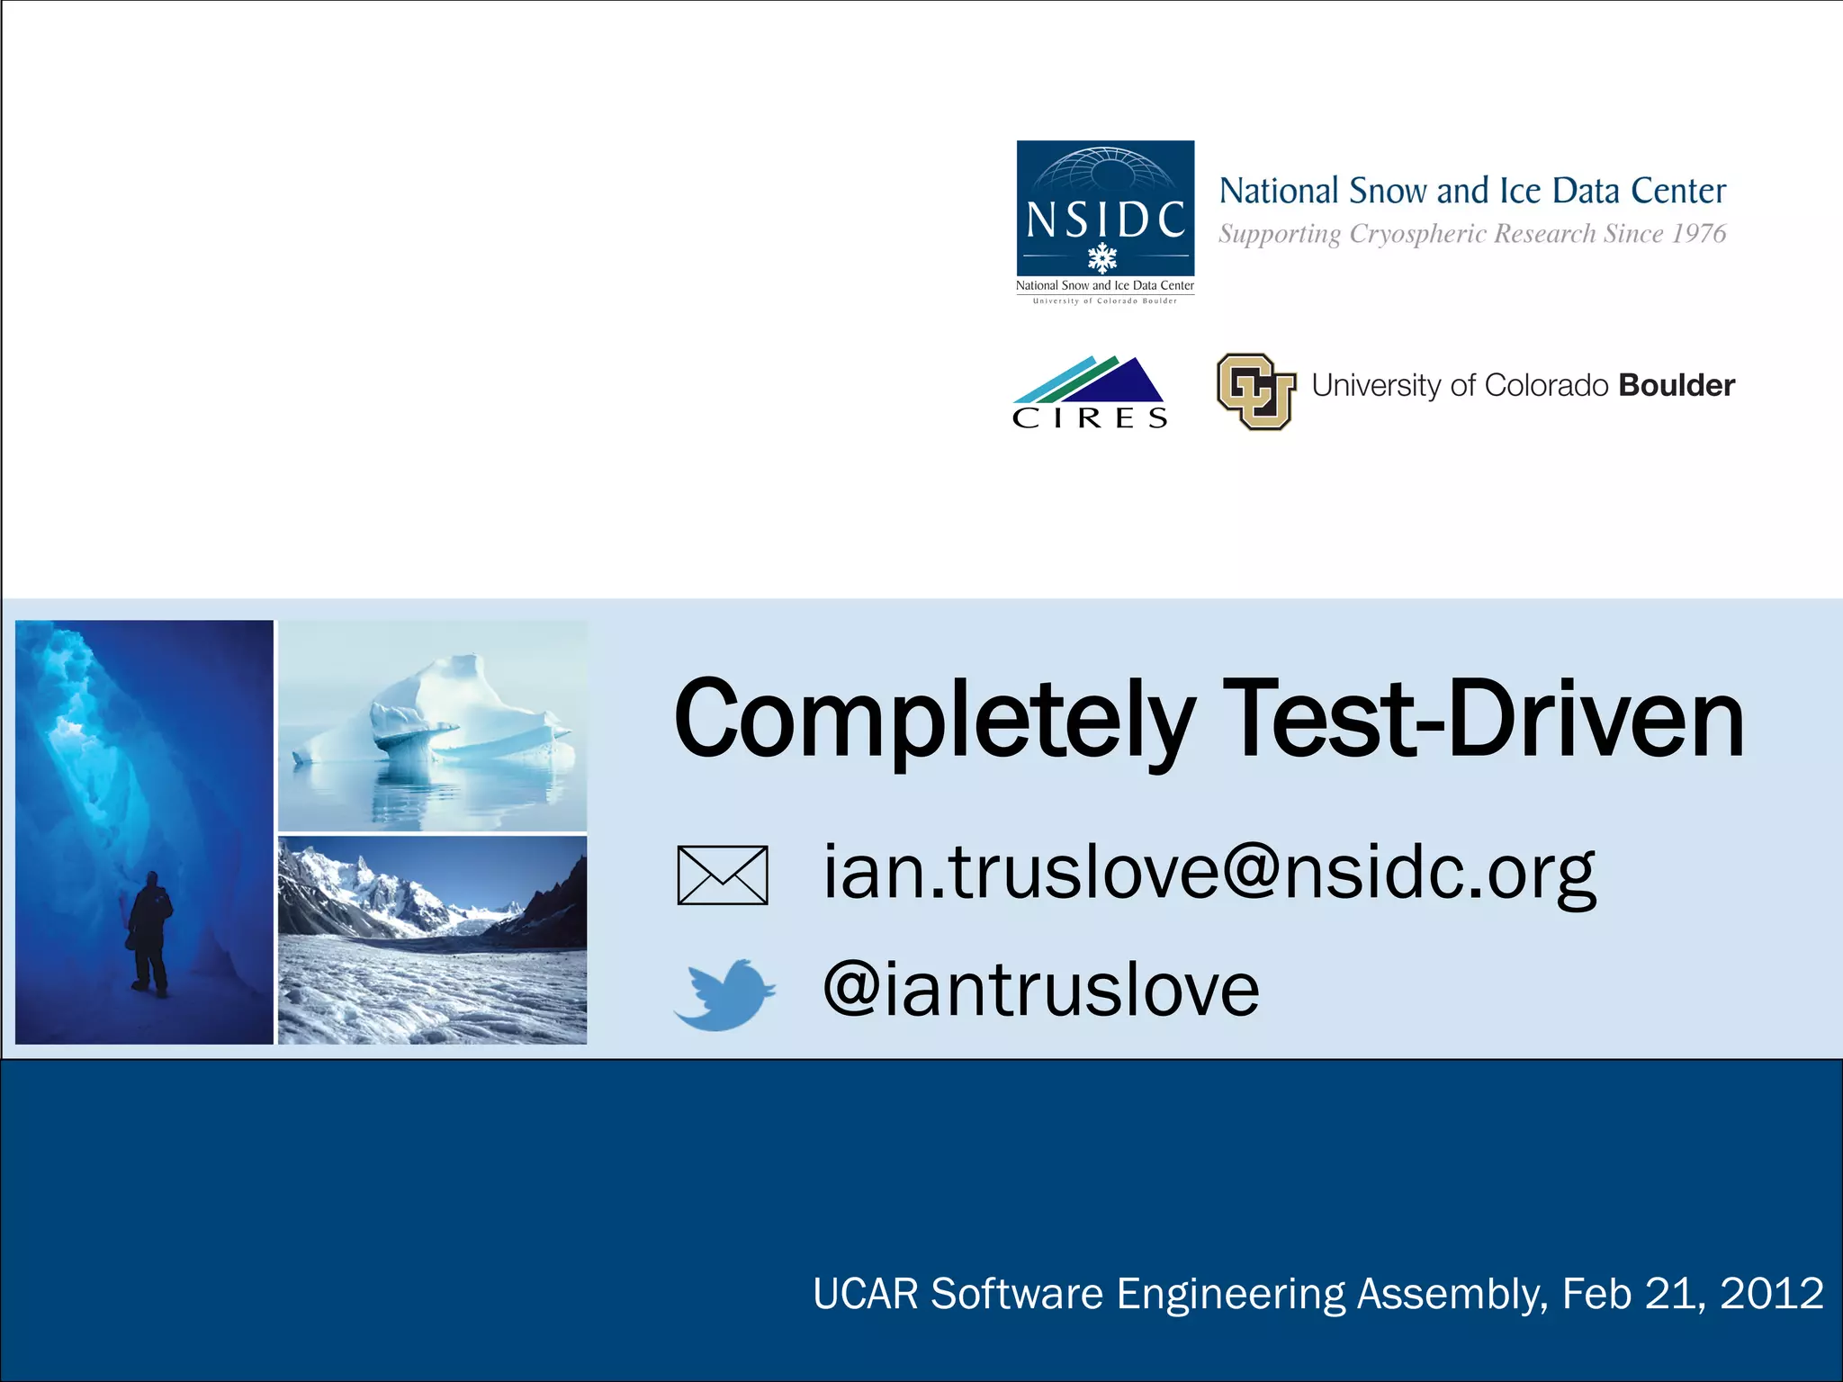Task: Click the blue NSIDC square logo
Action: [1105, 209]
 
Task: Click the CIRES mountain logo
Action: [1090, 392]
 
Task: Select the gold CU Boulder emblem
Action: [1256, 390]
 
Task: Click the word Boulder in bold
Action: [1676, 385]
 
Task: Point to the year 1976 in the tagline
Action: [1698, 234]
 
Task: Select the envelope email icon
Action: [723, 875]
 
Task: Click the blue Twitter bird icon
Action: [724, 994]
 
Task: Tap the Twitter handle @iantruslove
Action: [1040, 990]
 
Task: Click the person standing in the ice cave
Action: [149, 932]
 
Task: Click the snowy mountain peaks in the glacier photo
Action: [378, 886]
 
